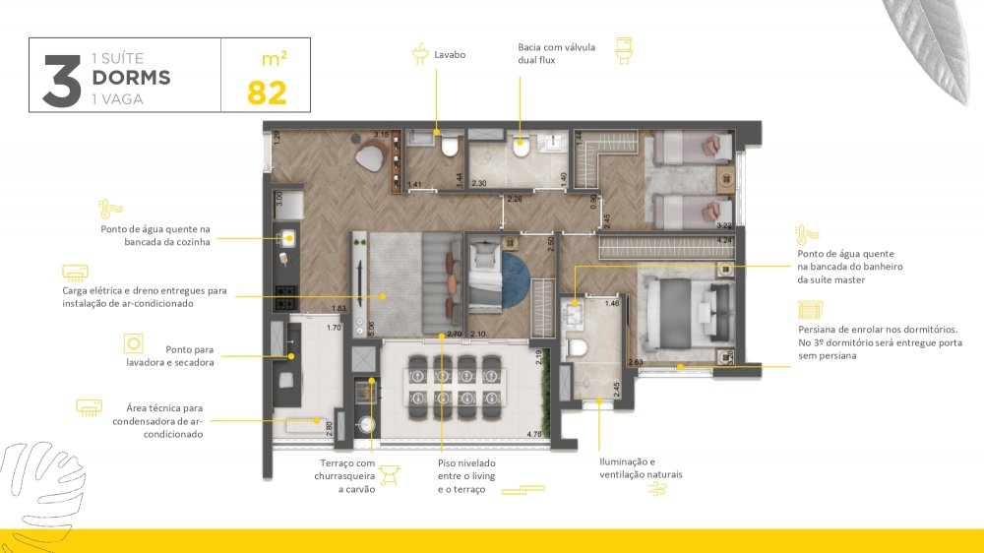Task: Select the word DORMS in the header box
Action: tap(131, 78)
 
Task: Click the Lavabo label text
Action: tap(450, 55)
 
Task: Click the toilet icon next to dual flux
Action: tap(623, 49)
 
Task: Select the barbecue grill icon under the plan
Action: tap(389, 474)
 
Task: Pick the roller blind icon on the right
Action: tap(808, 312)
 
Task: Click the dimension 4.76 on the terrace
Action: tap(535, 433)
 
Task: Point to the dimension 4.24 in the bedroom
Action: tap(725, 240)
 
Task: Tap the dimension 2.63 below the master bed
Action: tap(636, 363)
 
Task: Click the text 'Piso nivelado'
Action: tap(466, 462)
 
